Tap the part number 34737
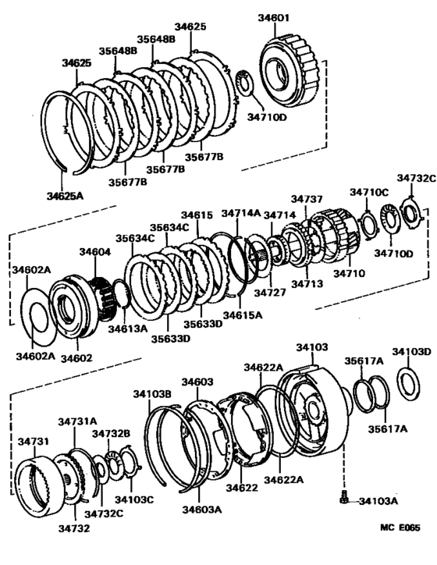(307, 200)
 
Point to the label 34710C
(368, 191)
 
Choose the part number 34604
(94, 252)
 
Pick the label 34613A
(127, 329)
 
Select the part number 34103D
(411, 352)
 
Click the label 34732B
(111, 433)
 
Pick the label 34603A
(201, 509)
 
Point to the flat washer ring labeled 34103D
(407, 383)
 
